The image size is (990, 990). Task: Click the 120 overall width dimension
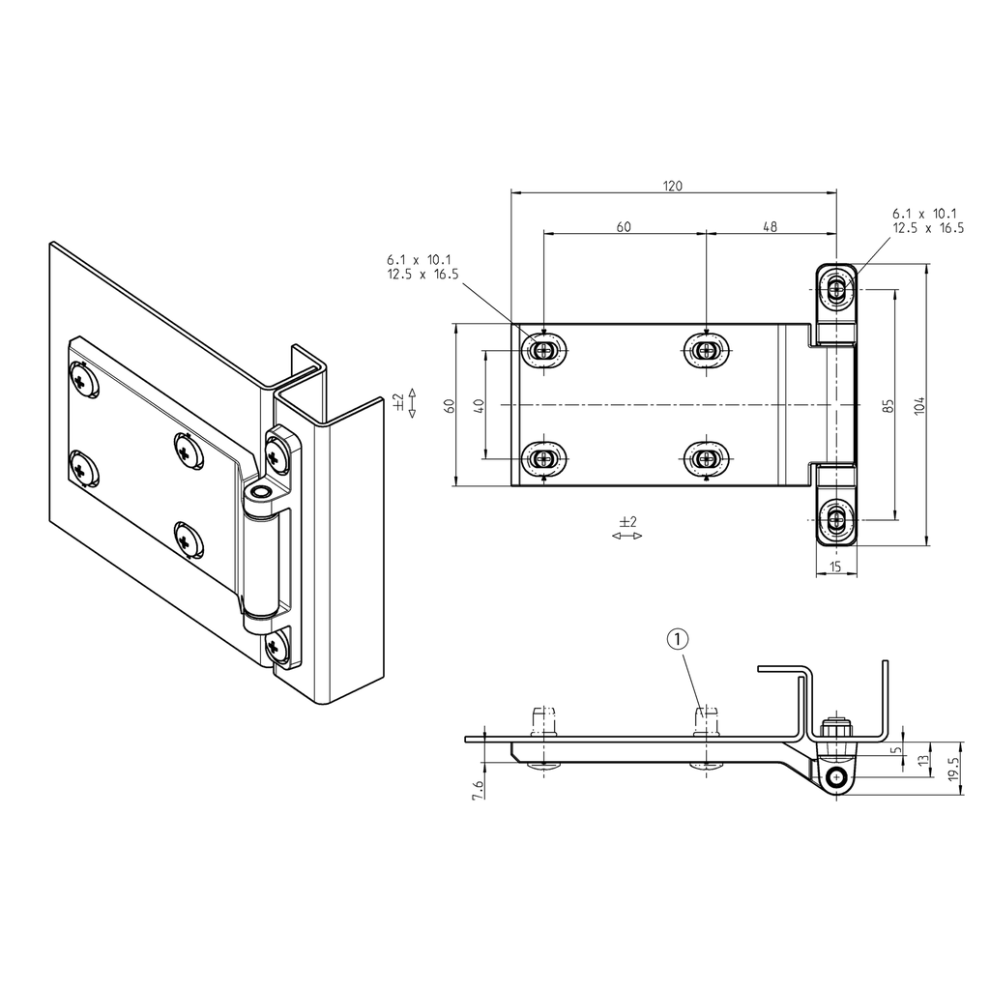click(673, 186)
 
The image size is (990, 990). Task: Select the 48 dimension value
click(771, 227)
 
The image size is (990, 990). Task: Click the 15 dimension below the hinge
click(836, 567)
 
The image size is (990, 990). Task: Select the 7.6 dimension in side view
click(477, 789)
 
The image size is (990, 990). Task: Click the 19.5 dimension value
click(953, 769)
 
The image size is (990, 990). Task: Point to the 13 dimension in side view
click(924, 761)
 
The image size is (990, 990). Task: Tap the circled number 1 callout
click(679, 638)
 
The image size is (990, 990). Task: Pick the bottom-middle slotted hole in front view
click(707, 457)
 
